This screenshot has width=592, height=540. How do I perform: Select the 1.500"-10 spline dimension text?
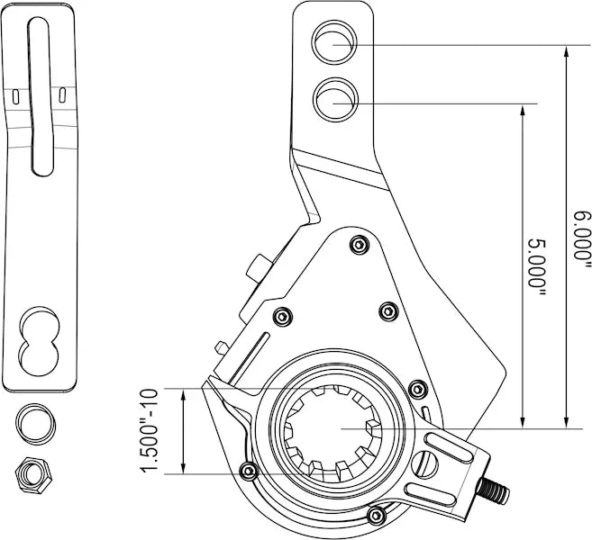150,431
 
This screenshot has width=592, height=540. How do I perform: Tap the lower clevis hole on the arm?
333,99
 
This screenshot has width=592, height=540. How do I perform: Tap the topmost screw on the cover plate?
359,244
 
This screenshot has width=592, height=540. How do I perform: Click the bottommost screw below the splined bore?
376,514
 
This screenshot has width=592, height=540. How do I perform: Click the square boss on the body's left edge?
259,267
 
